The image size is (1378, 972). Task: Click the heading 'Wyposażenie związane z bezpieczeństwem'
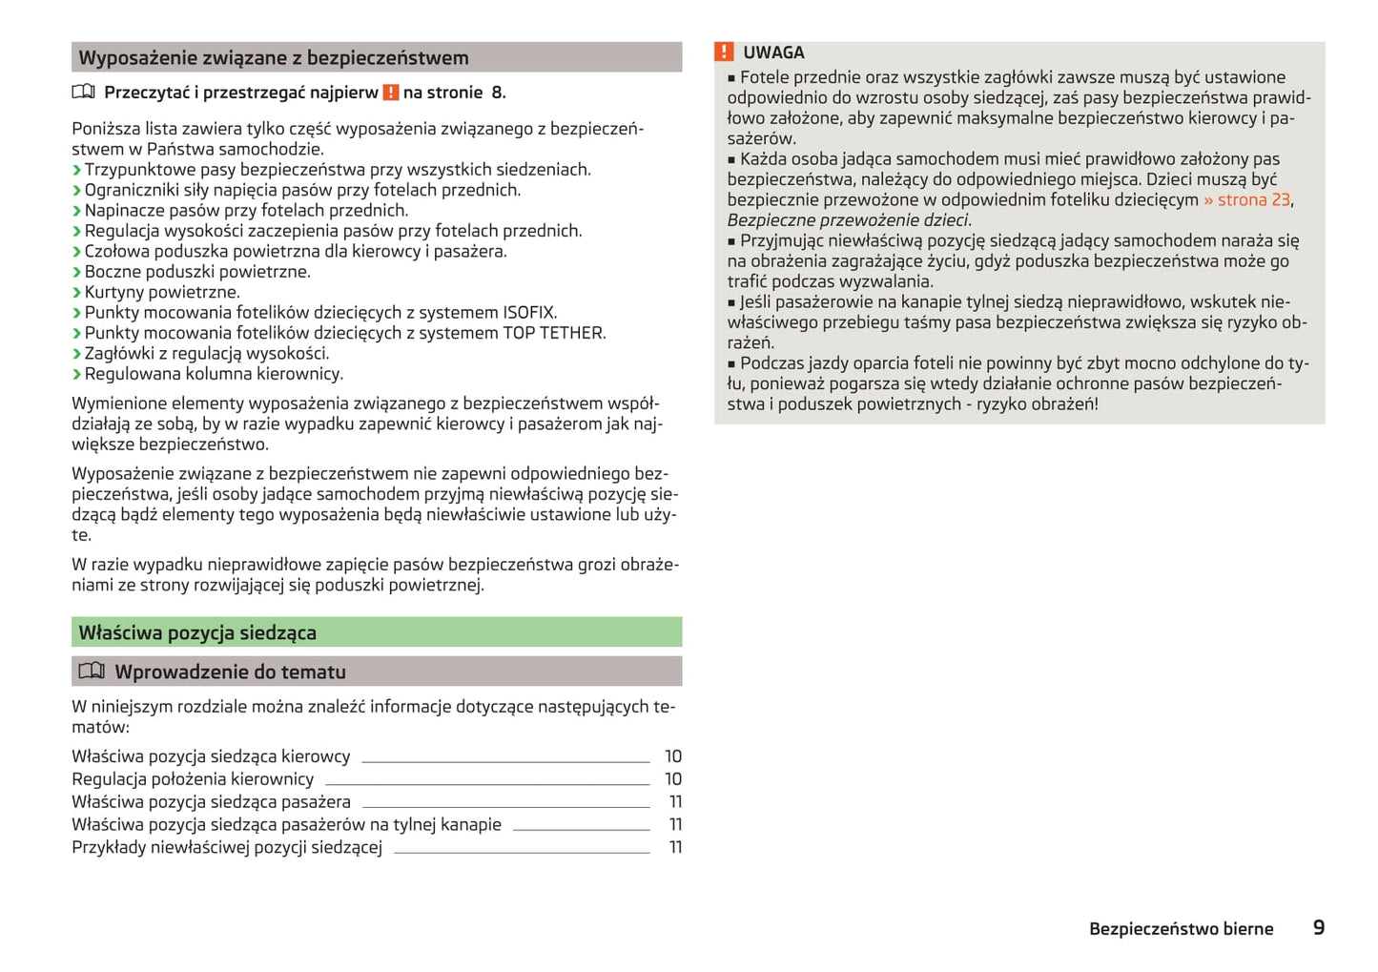tap(274, 58)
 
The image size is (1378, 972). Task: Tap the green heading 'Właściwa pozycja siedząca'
tap(197, 632)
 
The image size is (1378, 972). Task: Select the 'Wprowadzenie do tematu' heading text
tap(230, 672)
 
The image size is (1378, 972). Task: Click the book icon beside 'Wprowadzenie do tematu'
tap(92, 672)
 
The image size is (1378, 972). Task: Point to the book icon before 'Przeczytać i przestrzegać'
tap(84, 93)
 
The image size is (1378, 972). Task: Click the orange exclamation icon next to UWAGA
tap(725, 52)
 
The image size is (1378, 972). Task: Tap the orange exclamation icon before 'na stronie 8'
tap(391, 93)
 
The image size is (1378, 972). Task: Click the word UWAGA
tap(773, 52)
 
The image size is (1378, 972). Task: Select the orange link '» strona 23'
tap(1246, 199)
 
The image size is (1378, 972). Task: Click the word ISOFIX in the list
tap(529, 313)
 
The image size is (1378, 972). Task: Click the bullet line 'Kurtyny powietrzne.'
tap(162, 292)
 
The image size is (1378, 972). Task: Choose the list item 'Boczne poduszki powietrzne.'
tap(196, 272)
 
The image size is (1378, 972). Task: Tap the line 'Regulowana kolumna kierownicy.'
tap(214, 374)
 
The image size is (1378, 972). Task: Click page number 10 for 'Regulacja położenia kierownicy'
tap(673, 779)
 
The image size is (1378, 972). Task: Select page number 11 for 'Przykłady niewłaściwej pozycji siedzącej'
tap(675, 847)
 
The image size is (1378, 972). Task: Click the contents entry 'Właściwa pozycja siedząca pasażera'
tap(211, 802)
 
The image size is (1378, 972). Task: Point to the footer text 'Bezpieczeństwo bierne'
tap(1181, 929)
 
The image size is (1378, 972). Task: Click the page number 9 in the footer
tap(1319, 927)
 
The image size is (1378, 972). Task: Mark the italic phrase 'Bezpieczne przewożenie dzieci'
tap(848, 220)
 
